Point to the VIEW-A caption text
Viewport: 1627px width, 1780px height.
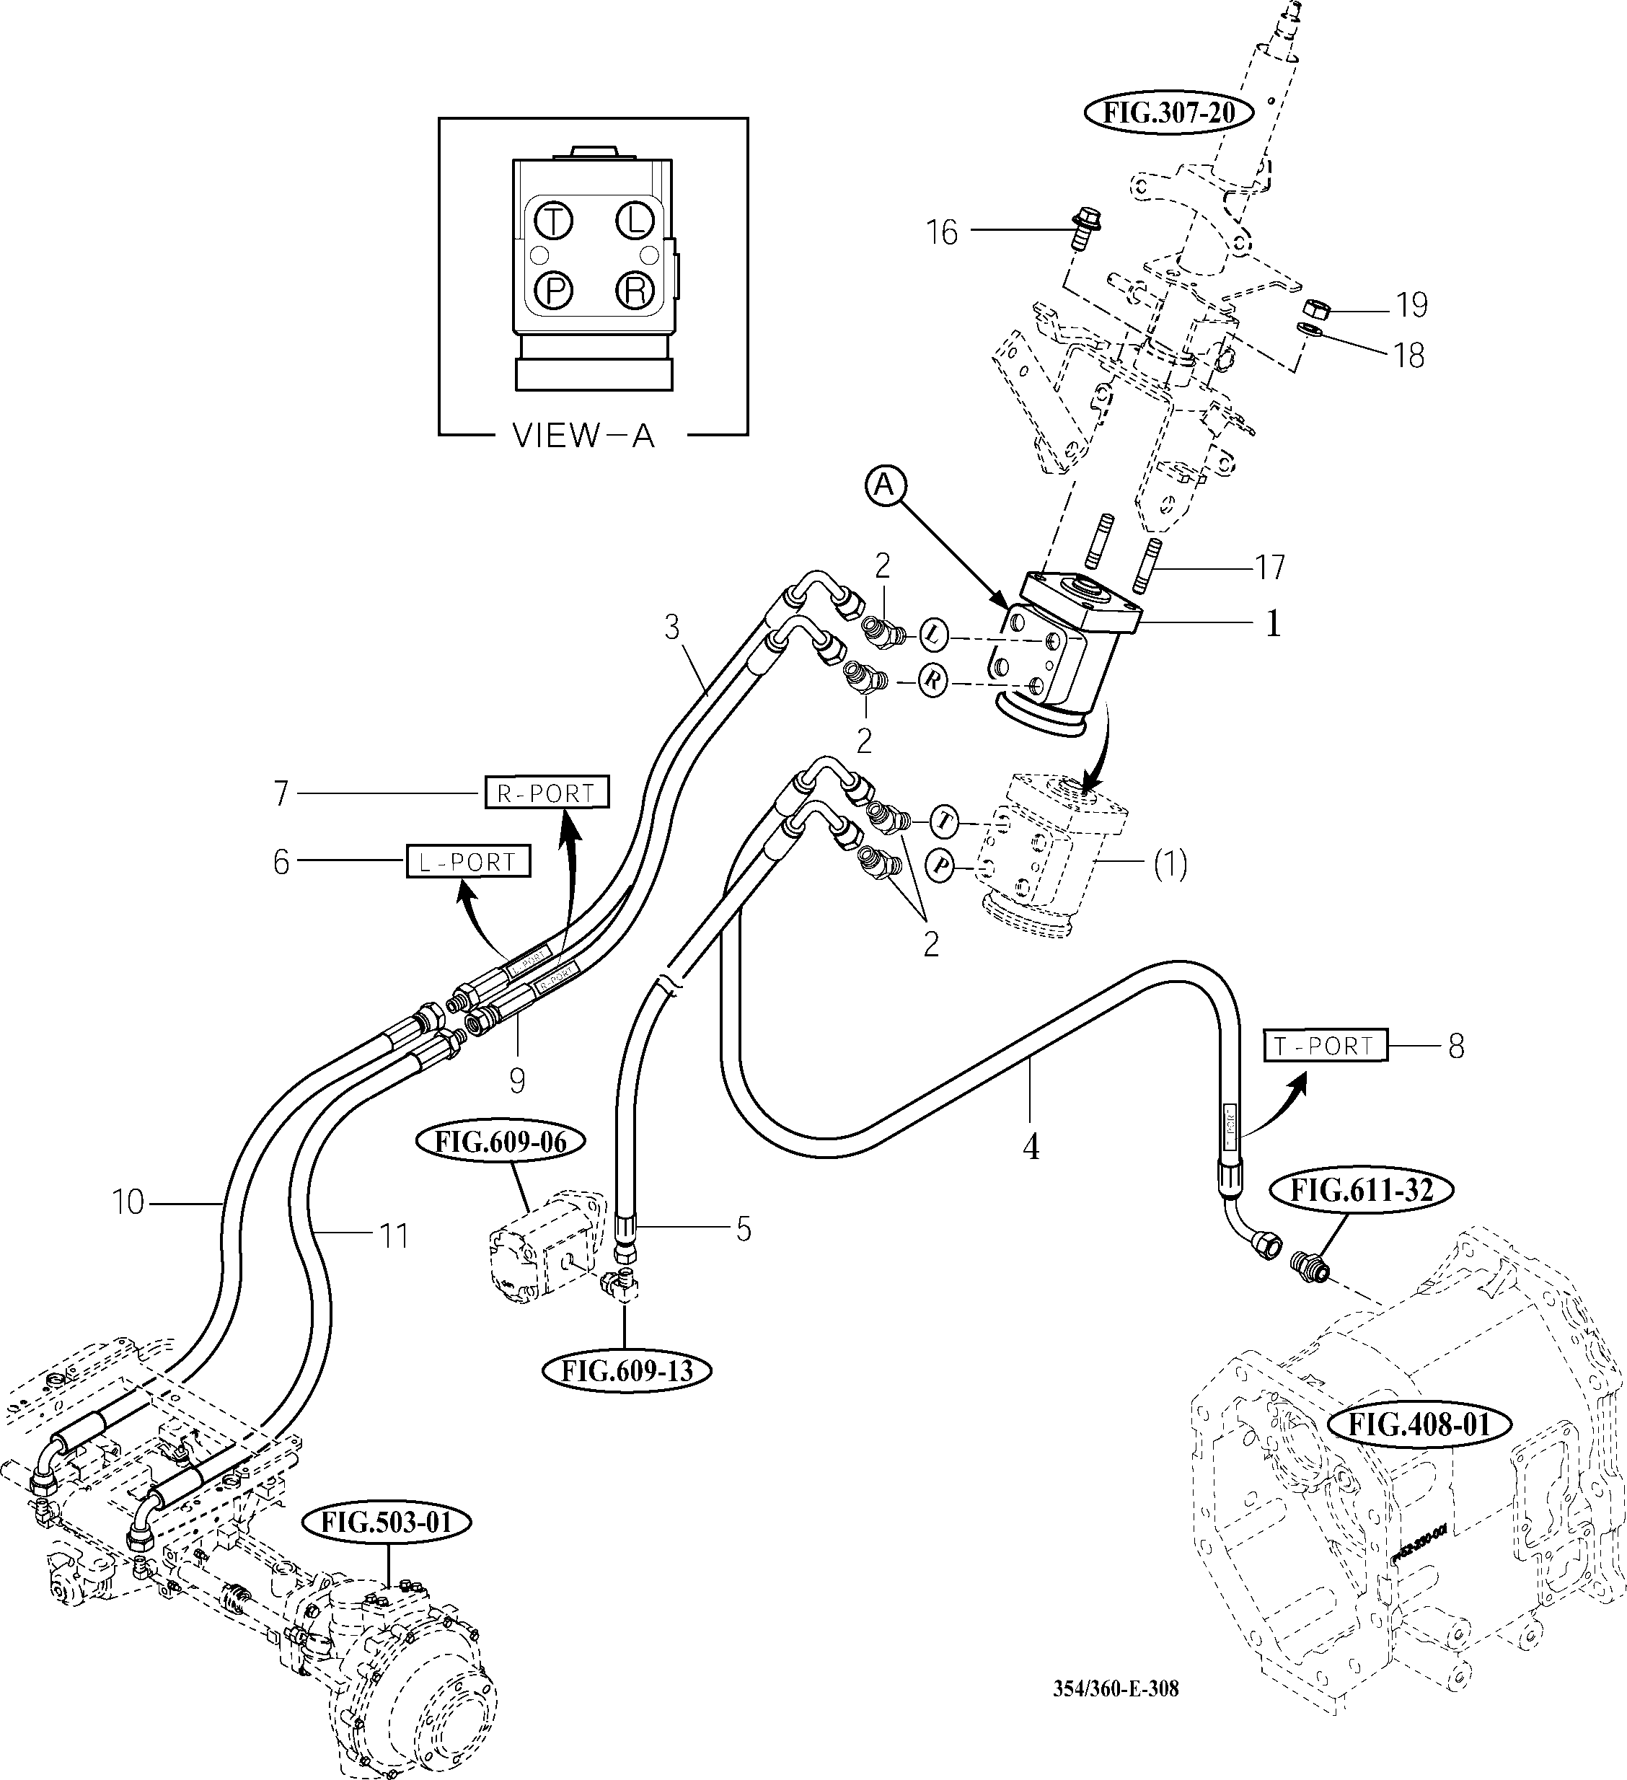pos(583,436)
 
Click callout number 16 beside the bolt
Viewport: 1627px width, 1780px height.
pos(941,232)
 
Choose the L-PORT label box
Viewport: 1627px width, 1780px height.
pos(468,861)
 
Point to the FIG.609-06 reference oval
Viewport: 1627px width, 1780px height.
pos(501,1142)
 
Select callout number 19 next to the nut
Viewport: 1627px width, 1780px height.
pos(1411,304)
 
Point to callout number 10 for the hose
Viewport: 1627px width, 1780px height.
pos(128,1202)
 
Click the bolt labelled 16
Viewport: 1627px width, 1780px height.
pos(1079,229)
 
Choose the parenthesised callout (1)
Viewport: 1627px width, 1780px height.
pos(1170,863)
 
